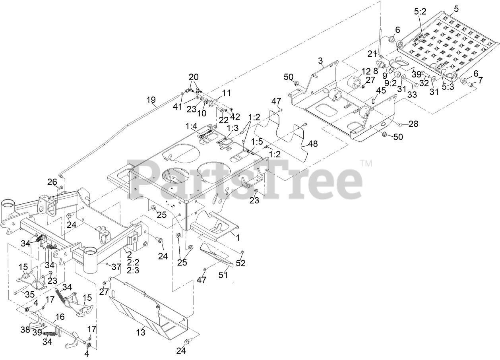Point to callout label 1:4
click(x=191, y=126)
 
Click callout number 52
click(x=240, y=263)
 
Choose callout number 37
click(x=115, y=267)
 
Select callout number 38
click(x=25, y=329)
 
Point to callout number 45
click(x=380, y=91)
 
